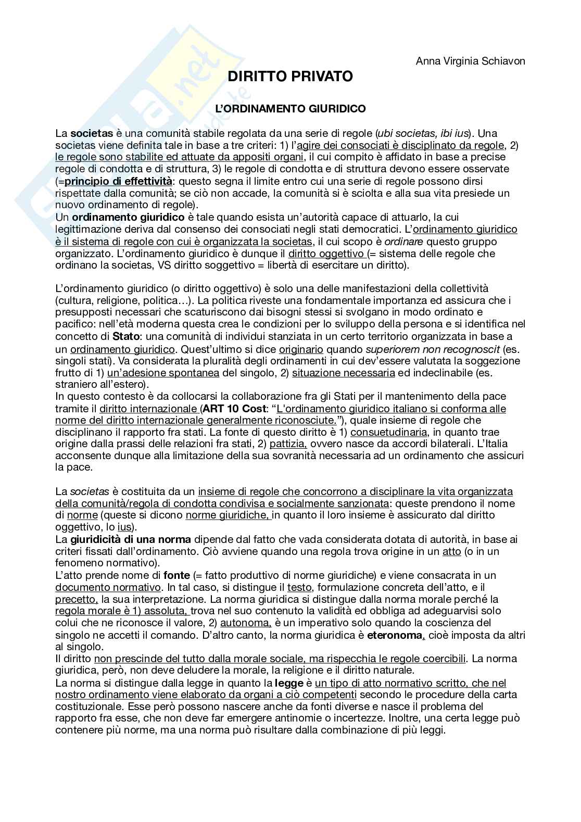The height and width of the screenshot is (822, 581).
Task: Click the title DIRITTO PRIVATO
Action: click(290, 77)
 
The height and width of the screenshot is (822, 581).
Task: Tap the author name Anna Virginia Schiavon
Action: click(470, 61)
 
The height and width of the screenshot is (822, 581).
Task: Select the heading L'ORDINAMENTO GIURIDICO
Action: click(290, 109)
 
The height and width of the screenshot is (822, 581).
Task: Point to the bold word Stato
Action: click(124, 336)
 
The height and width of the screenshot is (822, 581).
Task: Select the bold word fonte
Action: click(176, 575)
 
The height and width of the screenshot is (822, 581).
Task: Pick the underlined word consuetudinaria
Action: click(389, 432)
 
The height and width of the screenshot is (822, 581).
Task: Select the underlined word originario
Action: click(301, 349)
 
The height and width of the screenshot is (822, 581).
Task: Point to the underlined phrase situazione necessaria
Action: click(343, 373)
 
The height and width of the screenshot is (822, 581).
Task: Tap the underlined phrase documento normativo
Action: click(108, 587)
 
